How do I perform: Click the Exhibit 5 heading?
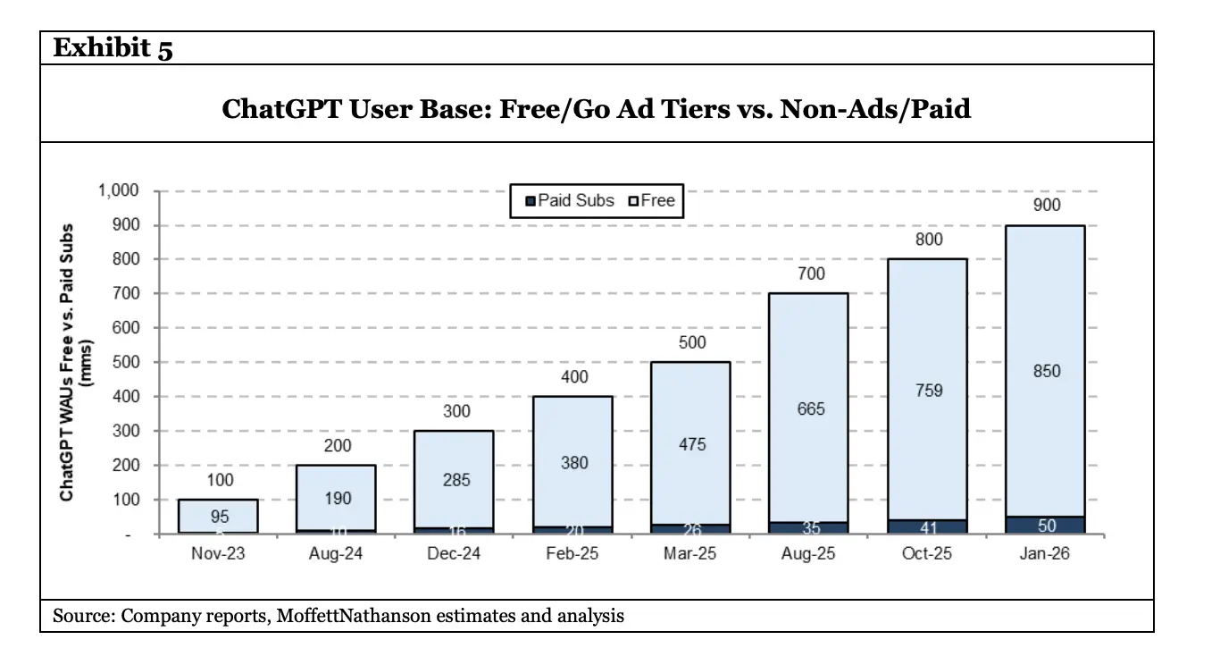point(113,47)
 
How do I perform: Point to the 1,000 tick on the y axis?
point(118,191)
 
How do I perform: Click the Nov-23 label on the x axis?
point(217,554)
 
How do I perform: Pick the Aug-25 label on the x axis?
point(808,554)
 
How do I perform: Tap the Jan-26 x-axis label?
point(1044,554)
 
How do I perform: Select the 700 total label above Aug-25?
point(809,274)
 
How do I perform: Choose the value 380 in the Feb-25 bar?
point(572,462)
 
